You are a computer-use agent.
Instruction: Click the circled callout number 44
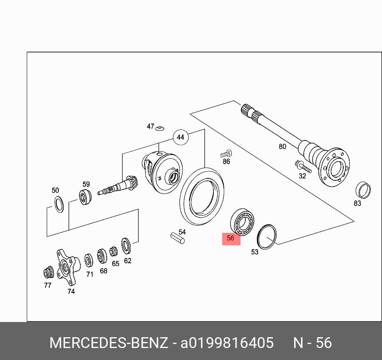point(180,137)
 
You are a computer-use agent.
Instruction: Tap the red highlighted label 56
point(231,238)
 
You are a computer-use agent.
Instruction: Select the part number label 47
point(150,126)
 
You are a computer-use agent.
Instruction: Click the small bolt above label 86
point(226,153)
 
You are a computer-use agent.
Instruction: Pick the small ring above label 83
point(363,190)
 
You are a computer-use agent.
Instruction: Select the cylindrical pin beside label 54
point(177,238)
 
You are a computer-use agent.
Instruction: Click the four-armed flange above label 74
point(66,266)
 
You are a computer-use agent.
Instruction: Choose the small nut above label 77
point(48,272)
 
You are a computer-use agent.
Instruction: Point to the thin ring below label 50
point(59,204)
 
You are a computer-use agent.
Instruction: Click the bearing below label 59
point(85,197)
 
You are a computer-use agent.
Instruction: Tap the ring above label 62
point(126,245)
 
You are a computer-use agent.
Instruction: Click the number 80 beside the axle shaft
point(283,147)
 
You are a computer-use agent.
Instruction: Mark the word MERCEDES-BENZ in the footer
point(108,343)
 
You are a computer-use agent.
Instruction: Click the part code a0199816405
point(227,343)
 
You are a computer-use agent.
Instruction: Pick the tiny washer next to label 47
point(160,128)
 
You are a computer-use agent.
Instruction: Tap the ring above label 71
point(88,260)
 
